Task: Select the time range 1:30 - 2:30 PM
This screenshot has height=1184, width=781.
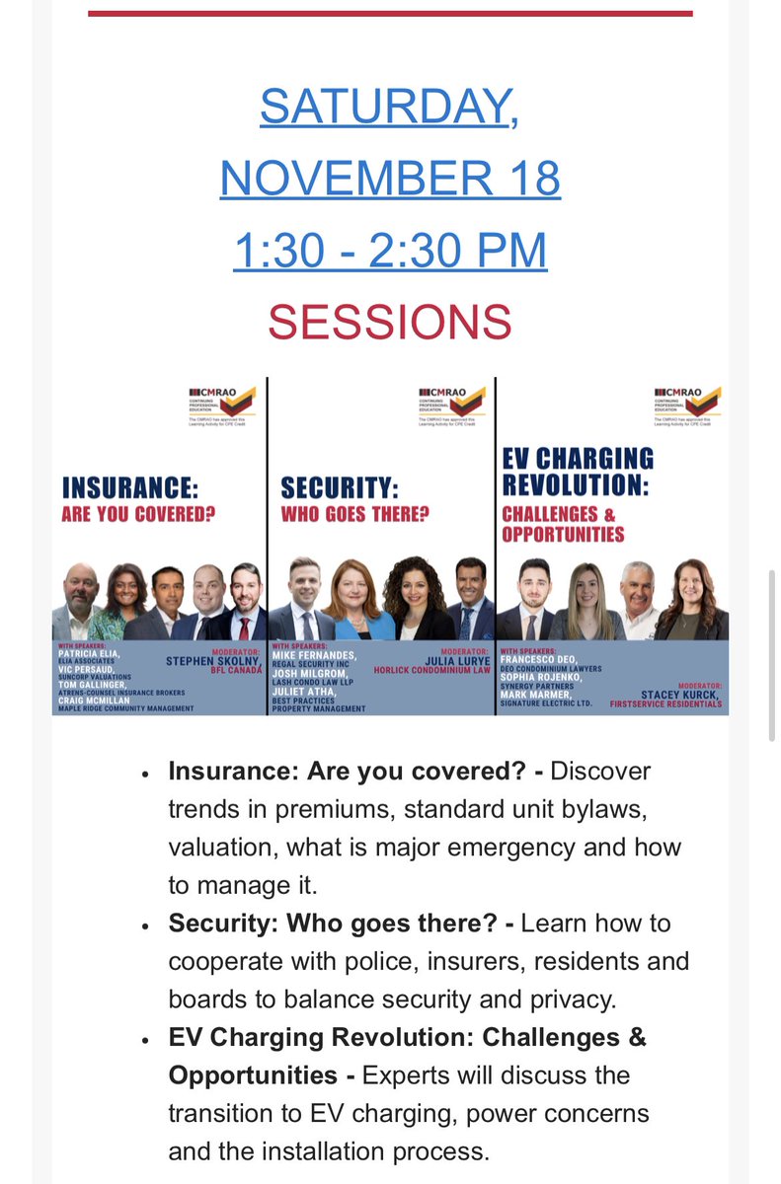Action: click(x=390, y=250)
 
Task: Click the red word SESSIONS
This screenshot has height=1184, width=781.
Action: click(x=390, y=322)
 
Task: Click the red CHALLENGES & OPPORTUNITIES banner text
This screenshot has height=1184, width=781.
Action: click(x=563, y=524)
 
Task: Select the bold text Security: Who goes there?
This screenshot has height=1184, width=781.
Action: click(x=335, y=924)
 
